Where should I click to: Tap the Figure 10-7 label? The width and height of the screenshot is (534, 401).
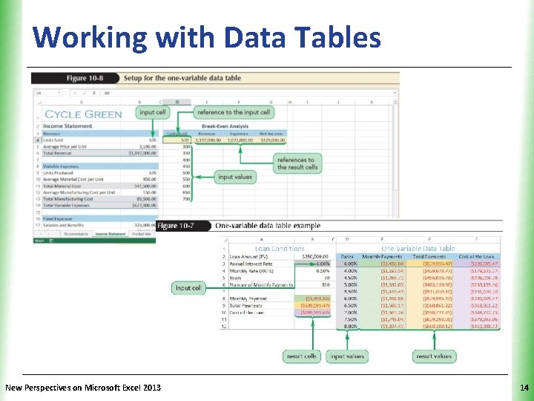(x=177, y=226)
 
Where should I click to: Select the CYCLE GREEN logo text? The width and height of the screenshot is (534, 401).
(x=83, y=114)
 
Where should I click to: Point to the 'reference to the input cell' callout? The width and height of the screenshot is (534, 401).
(x=234, y=112)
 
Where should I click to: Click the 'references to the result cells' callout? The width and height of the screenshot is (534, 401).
(x=297, y=163)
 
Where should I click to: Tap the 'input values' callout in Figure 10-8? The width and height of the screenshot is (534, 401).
(x=235, y=177)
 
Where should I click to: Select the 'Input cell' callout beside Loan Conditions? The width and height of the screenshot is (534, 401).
(x=188, y=287)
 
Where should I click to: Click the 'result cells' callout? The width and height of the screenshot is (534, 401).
(x=301, y=356)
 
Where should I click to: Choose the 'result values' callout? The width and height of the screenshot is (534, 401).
(x=433, y=356)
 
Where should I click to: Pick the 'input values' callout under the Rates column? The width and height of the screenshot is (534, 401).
(x=347, y=356)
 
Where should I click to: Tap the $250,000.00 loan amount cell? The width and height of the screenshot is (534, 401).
(x=313, y=256)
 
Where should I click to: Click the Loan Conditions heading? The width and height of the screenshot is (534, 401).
(x=280, y=248)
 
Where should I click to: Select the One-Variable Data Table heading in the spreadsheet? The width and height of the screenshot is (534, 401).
(x=418, y=248)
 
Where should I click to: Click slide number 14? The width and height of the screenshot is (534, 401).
(x=524, y=388)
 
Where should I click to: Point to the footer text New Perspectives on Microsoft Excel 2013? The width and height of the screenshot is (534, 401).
(x=82, y=388)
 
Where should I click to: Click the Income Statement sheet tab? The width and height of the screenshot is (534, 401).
(x=110, y=233)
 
